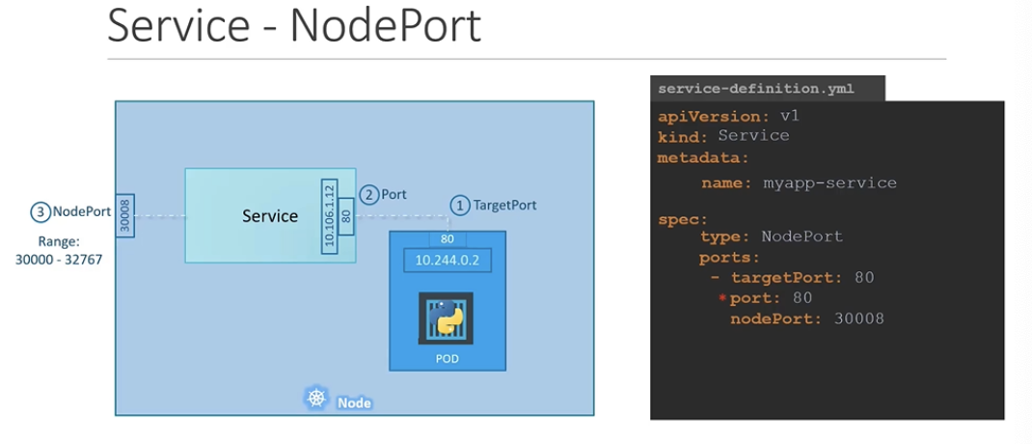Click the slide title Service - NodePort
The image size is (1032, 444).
coord(293,27)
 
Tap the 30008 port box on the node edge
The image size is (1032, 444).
coord(124,214)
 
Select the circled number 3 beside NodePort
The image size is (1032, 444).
coord(40,211)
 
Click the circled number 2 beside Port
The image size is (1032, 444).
coord(368,194)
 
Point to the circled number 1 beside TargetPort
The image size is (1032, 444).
coord(460,205)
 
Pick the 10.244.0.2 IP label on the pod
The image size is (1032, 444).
coord(447,260)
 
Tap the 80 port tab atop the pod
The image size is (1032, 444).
coord(447,239)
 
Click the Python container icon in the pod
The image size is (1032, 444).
coord(446,319)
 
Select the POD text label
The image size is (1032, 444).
coord(446,359)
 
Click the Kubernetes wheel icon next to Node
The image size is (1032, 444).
coord(315,398)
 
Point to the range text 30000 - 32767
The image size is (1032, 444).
coord(59,260)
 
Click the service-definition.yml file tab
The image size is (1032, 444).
coord(755,89)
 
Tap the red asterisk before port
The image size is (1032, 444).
coord(721,298)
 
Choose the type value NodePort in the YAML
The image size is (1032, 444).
coord(801,236)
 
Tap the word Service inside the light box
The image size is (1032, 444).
coord(270,215)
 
